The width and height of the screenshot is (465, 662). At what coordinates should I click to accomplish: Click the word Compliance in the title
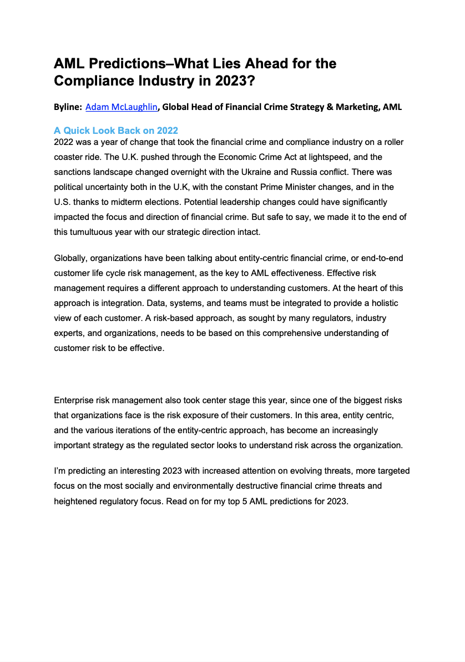point(89,81)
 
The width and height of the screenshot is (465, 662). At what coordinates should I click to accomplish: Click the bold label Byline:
point(68,107)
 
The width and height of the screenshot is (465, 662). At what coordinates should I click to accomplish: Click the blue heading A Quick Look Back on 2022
point(115,131)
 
